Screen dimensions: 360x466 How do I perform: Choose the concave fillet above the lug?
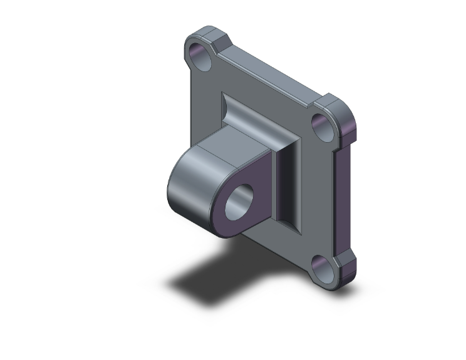241,119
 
